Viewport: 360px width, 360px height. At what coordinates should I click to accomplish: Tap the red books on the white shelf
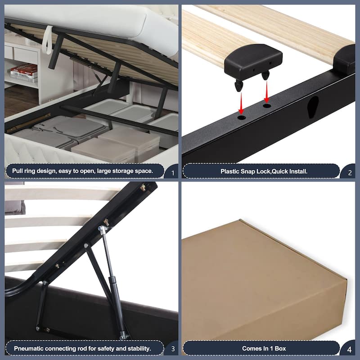pos(24,70)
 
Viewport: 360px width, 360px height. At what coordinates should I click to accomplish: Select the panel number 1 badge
pos(171,171)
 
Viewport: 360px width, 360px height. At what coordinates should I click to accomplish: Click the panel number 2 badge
pos(347,171)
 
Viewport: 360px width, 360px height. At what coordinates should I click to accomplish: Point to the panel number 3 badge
pos(171,348)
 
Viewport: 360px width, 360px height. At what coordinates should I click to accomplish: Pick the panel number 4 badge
pos(347,348)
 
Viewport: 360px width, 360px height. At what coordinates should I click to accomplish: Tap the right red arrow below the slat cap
pos(266,95)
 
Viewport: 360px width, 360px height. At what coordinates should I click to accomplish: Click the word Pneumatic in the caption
pos(30,348)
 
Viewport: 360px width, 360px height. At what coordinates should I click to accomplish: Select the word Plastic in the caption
pos(231,171)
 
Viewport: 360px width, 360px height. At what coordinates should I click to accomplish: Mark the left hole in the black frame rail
pos(242,117)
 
